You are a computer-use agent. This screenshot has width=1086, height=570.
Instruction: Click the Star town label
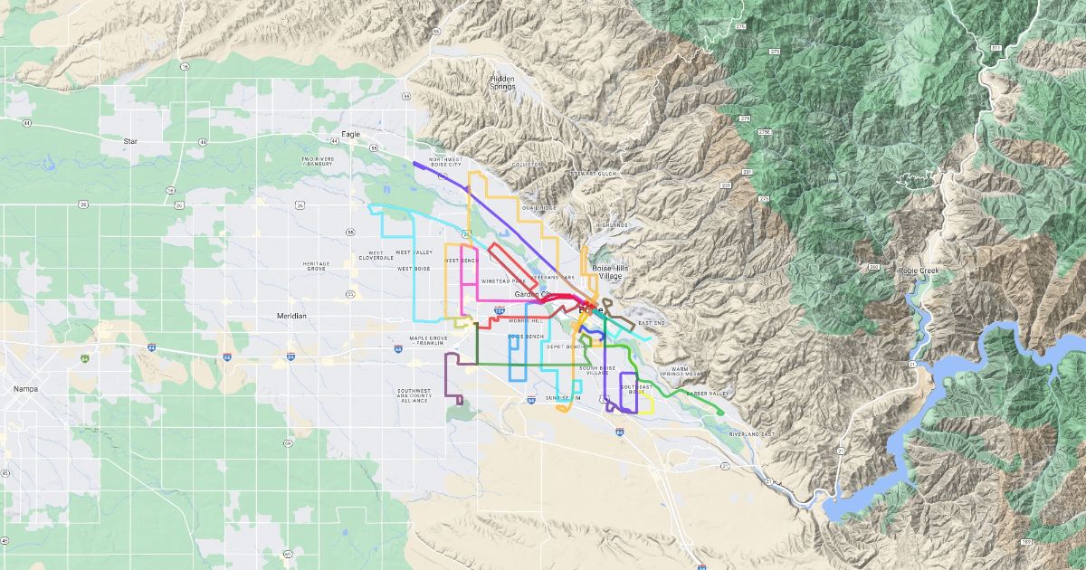[x=129, y=142]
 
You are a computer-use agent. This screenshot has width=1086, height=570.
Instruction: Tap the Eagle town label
[x=350, y=135]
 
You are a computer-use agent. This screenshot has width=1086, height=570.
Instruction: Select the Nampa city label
[x=24, y=388]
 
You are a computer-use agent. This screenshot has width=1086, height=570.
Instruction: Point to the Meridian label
[x=291, y=316]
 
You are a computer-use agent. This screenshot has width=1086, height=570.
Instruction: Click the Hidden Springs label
[x=502, y=82]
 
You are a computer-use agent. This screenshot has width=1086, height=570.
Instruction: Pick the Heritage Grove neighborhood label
[x=316, y=266]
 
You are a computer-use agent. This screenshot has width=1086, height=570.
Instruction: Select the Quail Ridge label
[x=540, y=207]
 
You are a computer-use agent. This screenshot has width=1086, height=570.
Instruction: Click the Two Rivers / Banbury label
[x=318, y=161]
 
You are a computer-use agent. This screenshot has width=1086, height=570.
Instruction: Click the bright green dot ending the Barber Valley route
[x=720, y=413]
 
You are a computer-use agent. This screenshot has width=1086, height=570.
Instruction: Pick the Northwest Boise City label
[x=445, y=163]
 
